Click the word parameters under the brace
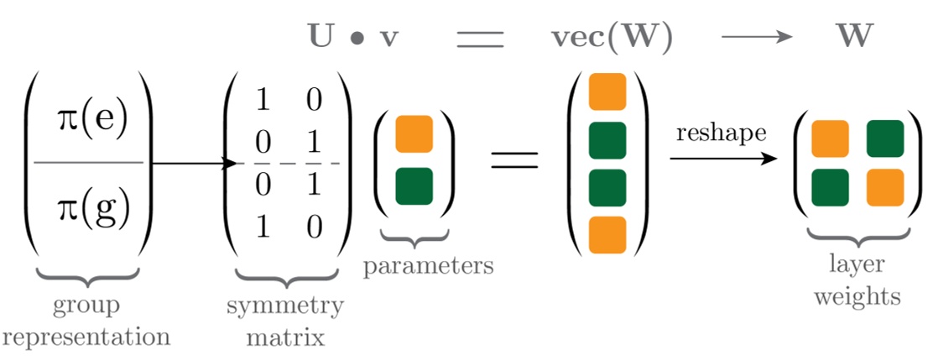point(427,266)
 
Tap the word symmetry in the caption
point(284,305)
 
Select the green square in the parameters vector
point(413,185)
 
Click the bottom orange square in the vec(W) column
point(607,234)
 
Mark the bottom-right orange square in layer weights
point(884,185)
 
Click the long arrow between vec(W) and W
point(757,38)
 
